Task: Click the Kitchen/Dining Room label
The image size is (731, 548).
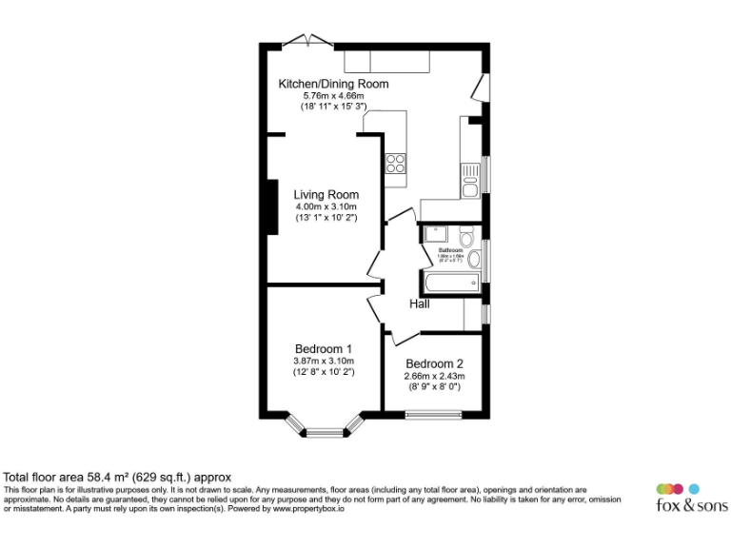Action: (x=333, y=84)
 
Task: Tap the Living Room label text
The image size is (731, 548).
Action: (x=326, y=195)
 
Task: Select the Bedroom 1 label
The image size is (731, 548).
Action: (x=323, y=348)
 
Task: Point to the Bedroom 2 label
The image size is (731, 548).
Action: (x=434, y=363)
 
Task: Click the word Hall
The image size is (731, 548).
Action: (x=420, y=304)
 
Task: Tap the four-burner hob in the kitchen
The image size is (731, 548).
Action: (x=395, y=164)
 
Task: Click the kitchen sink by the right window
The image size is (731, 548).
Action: (x=470, y=180)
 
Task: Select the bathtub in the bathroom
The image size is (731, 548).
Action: (x=452, y=283)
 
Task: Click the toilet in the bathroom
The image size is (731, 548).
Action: (x=465, y=235)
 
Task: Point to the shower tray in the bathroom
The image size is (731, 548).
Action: (x=434, y=235)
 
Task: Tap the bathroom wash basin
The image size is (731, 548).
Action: (x=474, y=258)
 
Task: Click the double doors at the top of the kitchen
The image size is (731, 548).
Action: (x=309, y=40)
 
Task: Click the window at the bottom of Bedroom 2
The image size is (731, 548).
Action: (x=434, y=415)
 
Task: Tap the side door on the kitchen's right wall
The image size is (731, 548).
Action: (x=480, y=89)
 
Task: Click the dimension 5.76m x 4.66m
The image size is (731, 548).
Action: (x=333, y=96)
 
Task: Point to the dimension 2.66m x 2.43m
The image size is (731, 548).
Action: (x=434, y=376)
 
